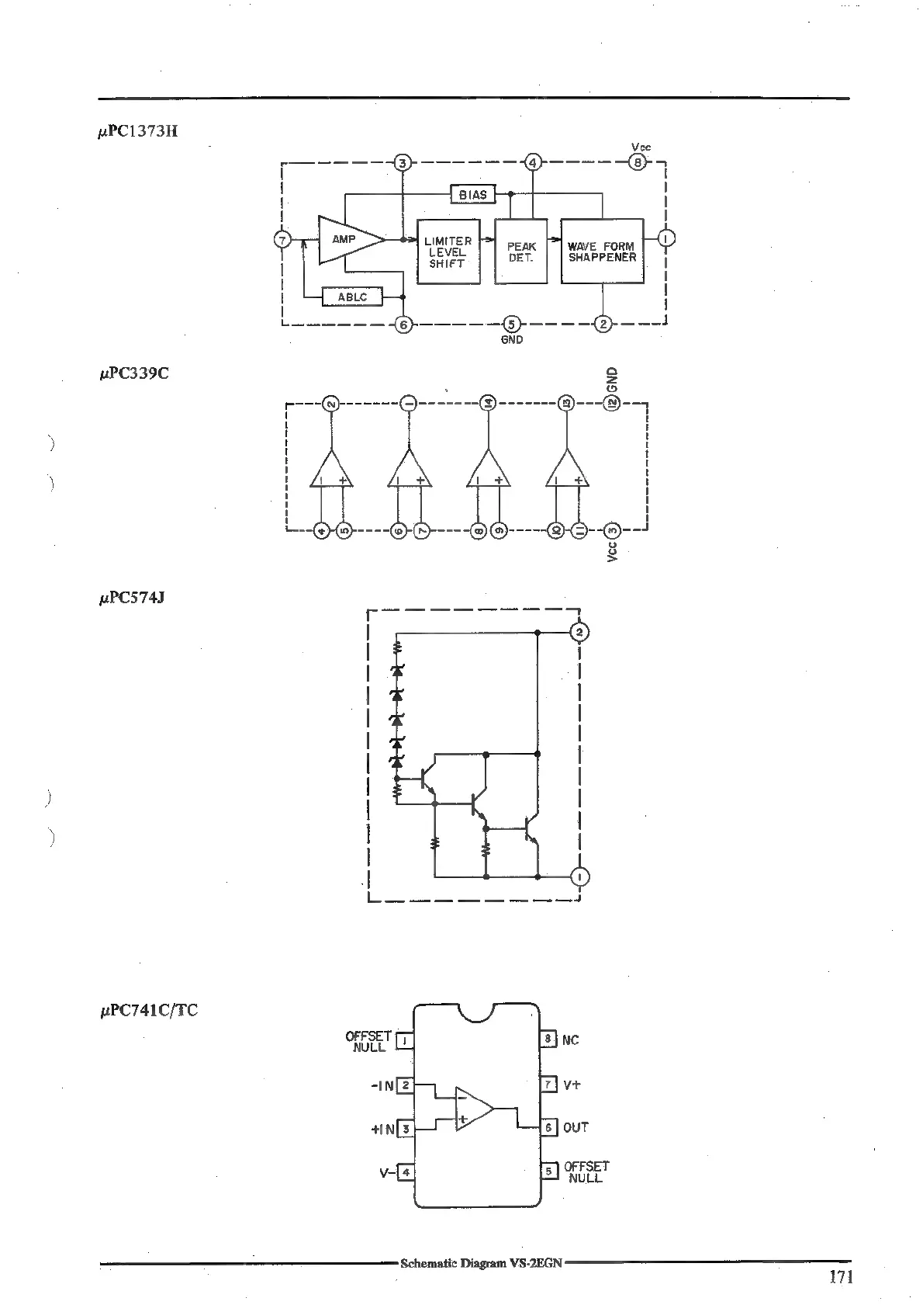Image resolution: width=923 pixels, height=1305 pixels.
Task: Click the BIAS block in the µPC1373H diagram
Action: pos(472,194)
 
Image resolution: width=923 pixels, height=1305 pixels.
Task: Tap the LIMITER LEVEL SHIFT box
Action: pos(448,252)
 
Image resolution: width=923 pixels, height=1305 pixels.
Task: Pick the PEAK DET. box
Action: pos(520,252)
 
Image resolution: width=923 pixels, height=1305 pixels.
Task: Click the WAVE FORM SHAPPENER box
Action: pos(601,252)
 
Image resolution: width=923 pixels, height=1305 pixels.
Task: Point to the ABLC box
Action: pos(352,297)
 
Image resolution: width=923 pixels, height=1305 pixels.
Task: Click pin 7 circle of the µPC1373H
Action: pos(283,239)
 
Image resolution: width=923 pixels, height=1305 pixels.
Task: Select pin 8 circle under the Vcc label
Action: pos(637,163)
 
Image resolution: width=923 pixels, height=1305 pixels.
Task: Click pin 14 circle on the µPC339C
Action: pos(489,403)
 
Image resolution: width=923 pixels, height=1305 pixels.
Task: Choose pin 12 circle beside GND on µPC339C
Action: pos(612,403)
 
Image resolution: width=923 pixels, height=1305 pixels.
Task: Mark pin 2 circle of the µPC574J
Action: pos(579,632)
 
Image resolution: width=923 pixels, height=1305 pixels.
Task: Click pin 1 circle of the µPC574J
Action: pos(579,876)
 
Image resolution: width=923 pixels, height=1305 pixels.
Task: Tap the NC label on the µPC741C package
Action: pos(570,1040)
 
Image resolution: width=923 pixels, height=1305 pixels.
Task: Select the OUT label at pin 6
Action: pos(576,1127)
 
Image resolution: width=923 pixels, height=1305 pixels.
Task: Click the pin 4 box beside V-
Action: pos(405,1172)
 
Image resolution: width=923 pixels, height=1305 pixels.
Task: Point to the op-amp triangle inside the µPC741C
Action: pos(472,1108)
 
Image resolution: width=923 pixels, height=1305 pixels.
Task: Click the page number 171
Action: pos(840,1276)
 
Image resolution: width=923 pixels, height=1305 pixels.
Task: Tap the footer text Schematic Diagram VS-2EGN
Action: pos(481,1263)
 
